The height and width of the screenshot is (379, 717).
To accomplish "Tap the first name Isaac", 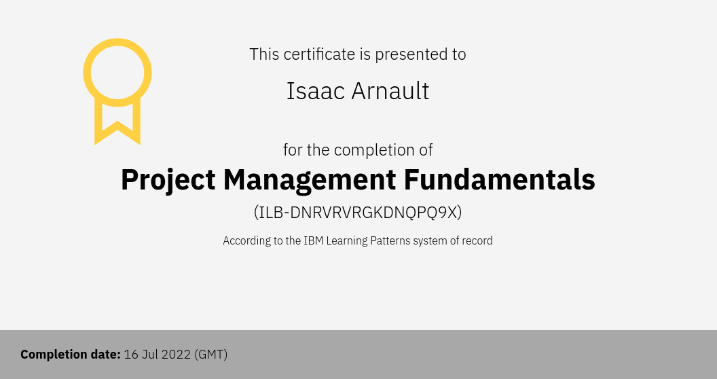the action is click(x=316, y=91).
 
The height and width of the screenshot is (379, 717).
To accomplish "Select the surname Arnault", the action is click(x=390, y=91).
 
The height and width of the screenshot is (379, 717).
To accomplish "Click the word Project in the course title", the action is click(x=168, y=180).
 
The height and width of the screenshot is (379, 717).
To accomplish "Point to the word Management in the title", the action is click(x=310, y=180).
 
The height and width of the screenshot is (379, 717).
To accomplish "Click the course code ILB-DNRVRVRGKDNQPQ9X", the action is click(x=358, y=213).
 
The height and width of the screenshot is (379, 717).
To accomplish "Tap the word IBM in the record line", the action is click(x=314, y=240).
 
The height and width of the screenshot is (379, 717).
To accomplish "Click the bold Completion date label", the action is click(x=71, y=355).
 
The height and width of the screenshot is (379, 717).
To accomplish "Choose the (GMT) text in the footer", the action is click(x=210, y=355).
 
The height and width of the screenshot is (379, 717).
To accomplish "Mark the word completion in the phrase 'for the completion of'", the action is click(x=368, y=150).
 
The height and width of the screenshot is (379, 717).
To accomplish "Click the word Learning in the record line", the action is click(x=346, y=241).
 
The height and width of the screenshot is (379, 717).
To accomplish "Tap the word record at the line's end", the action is click(x=477, y=240).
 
